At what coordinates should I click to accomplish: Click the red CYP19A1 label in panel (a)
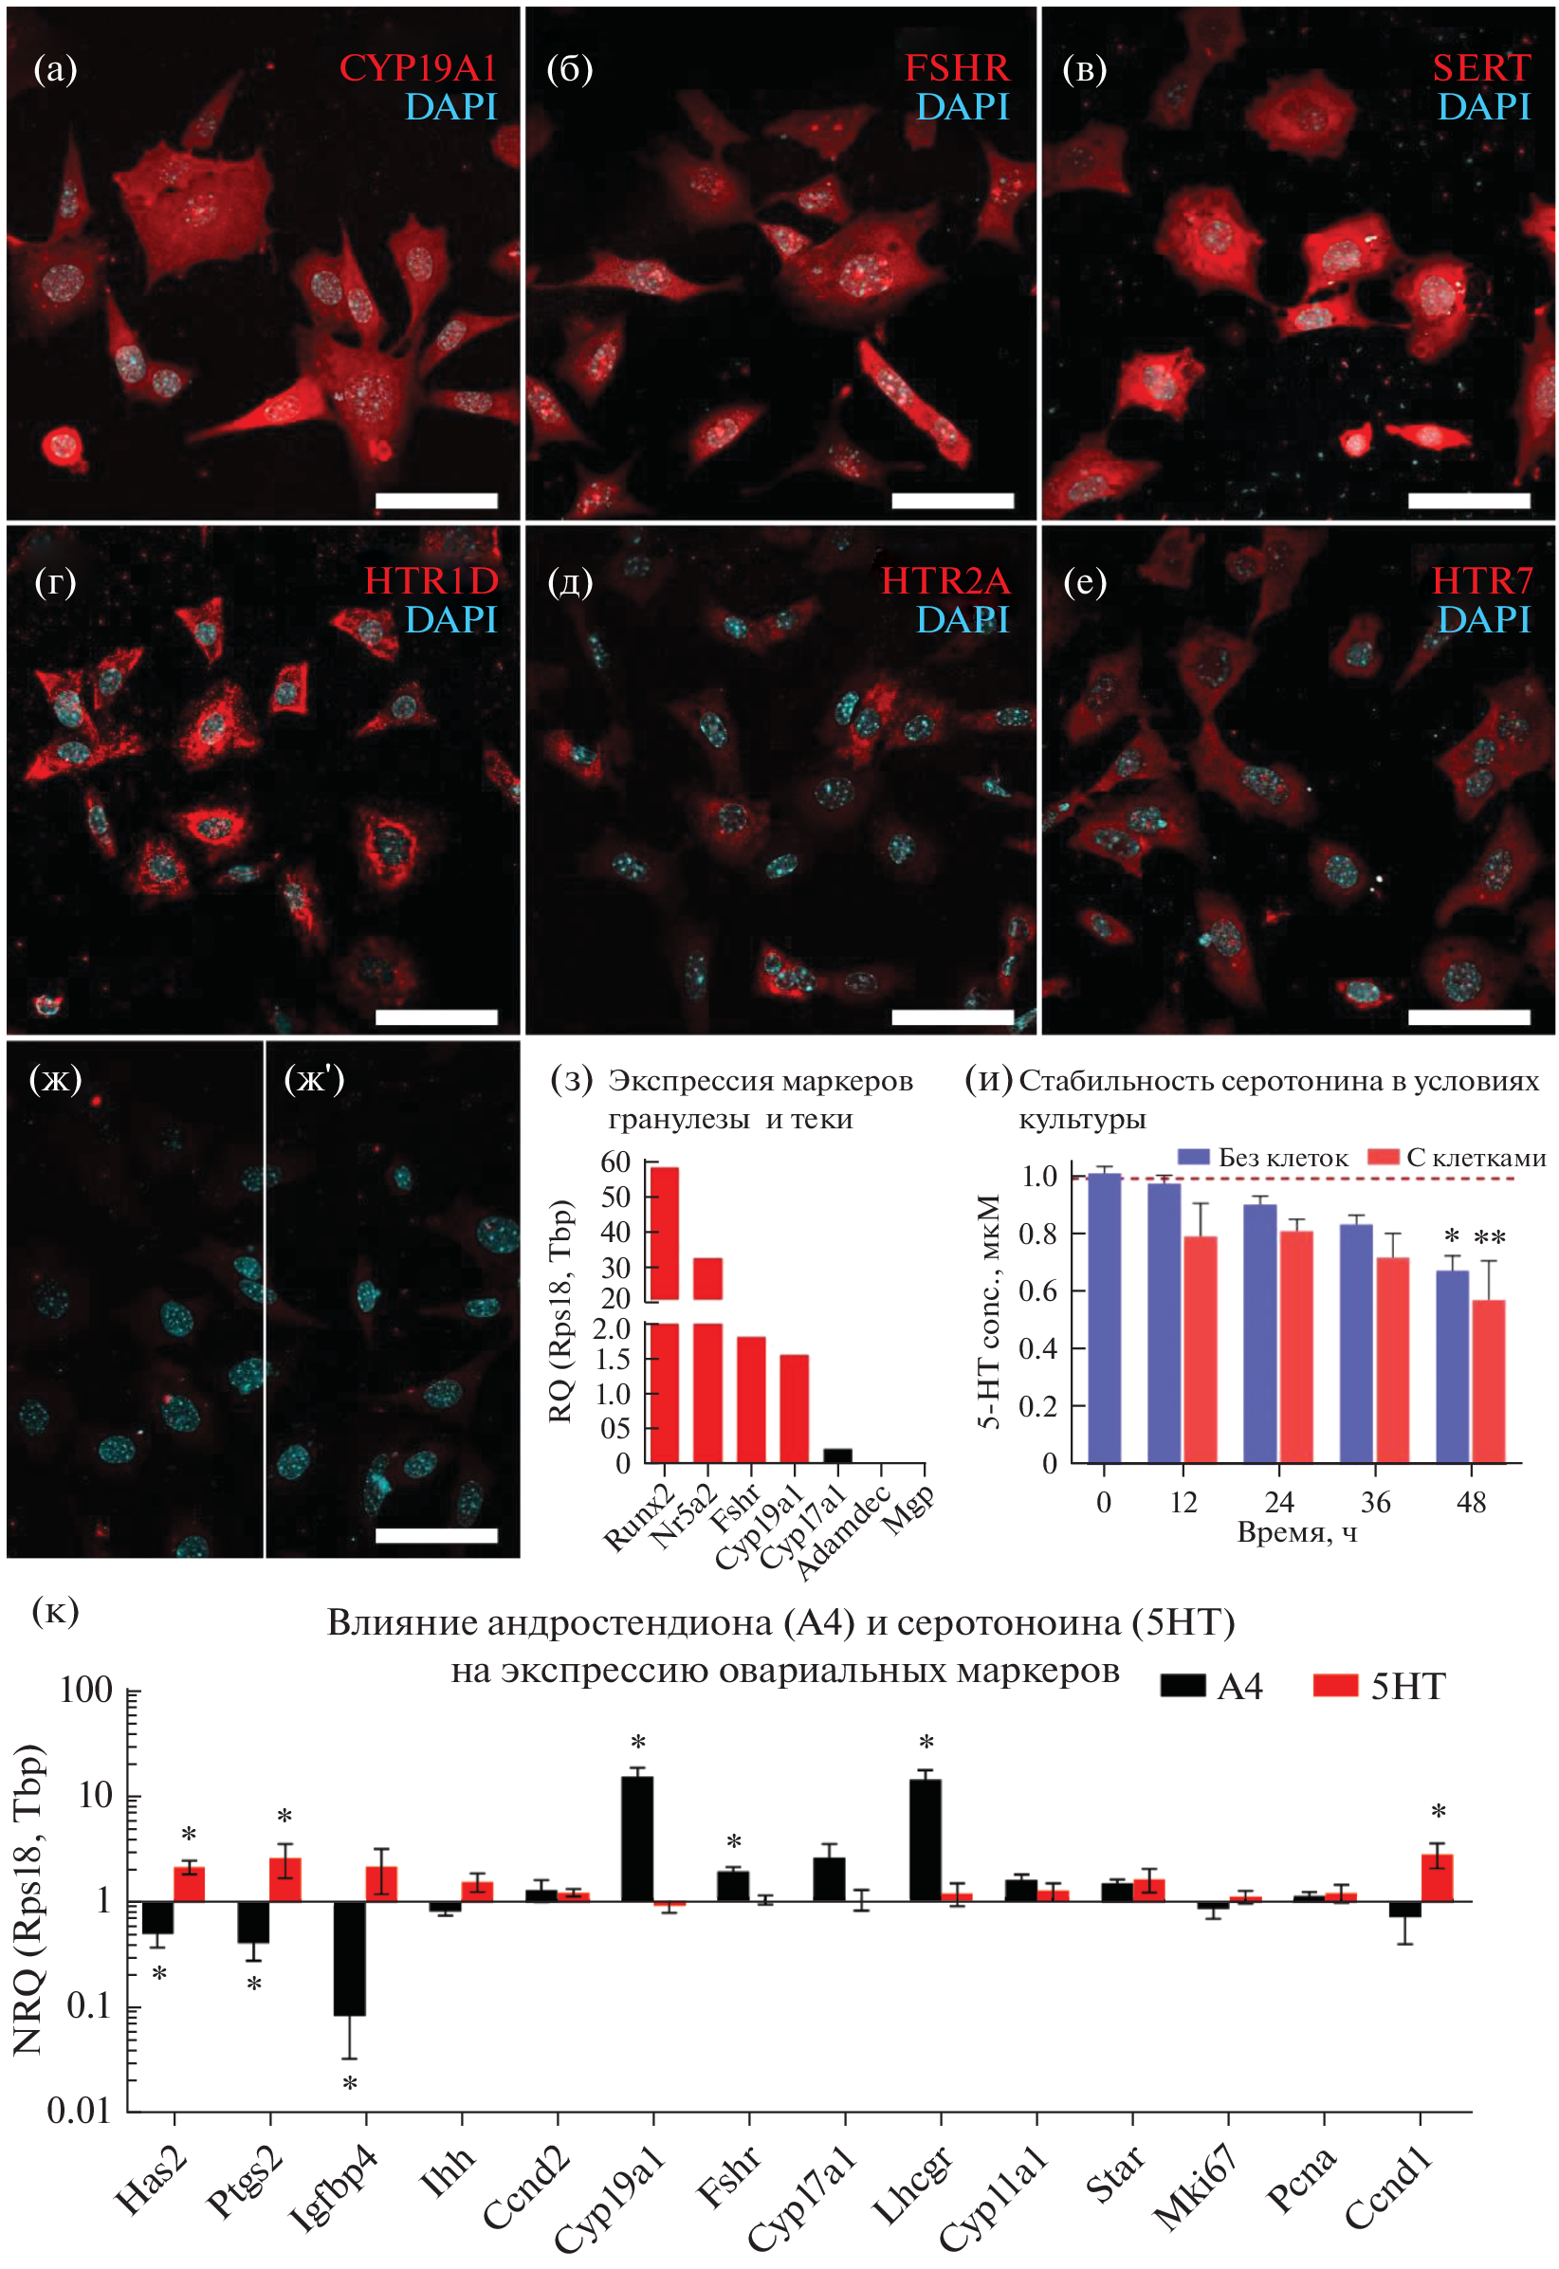coord(417,68)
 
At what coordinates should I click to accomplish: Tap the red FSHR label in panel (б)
coord(956,68)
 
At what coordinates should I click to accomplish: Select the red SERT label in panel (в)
coord(1481,68)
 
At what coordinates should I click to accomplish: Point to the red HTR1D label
coord(431,581)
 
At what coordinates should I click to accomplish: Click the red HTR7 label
coord(1481,581)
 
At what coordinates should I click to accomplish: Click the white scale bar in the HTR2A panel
coord(952,1016)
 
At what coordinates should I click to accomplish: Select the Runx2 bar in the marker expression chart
coord(664,1367)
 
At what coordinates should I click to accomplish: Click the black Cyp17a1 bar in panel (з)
coord(837,1455)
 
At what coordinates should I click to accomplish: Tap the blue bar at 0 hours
coord(1104,1319)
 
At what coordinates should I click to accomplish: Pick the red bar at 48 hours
coord(1489,1382)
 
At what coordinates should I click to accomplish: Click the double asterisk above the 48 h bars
coord(1489,1239)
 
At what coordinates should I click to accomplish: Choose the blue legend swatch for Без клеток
coord(1194,1158)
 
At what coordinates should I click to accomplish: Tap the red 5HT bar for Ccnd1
coord(1437,1877)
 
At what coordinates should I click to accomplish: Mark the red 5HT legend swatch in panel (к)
coord(1335,1687)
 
